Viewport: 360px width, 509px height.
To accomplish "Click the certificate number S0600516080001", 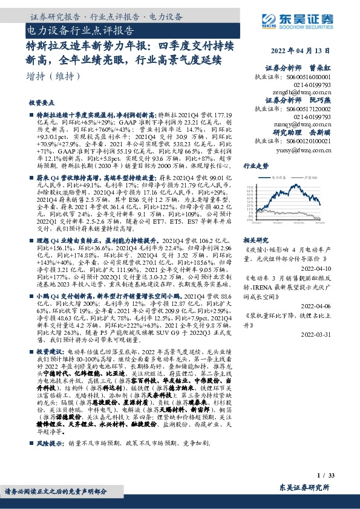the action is pyautogui.click(x=306, y=77).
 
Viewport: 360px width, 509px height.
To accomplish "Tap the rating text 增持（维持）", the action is pyautogui.click(x=54, y=76).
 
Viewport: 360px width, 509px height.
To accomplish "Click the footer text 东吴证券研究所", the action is pyautogui.click(x=305, y=487).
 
